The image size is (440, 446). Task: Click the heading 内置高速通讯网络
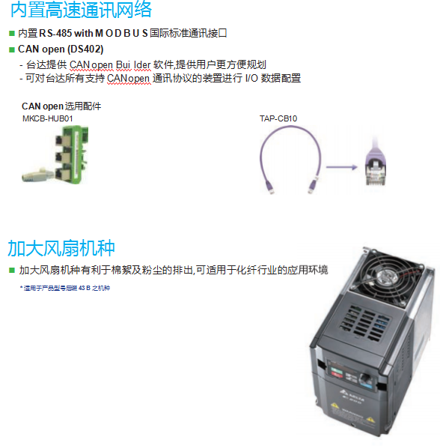click(x=81, y=10)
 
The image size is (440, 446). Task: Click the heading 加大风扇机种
click(x=61, y=248)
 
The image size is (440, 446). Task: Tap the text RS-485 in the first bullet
click(x=55, y=34)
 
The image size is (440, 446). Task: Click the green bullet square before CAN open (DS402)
click(x=11, y=49)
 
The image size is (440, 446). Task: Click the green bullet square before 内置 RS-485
click(x=11, y=34)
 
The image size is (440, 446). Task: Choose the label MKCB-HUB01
click(x=47, y=118)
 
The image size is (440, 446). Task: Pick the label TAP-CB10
click(x=278, y=118)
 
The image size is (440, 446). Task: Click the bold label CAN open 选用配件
click(x=61, y=106)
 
